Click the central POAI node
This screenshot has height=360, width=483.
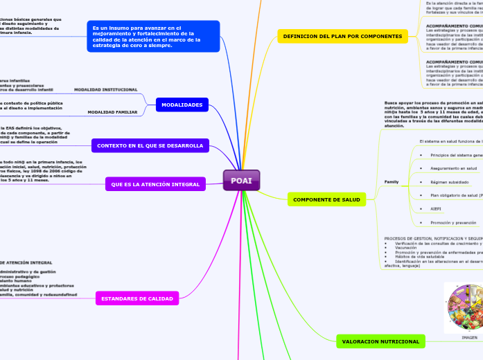[241, 180]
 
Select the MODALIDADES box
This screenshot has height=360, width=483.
[182, 105]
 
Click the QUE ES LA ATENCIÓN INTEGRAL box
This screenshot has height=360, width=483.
[155, 184]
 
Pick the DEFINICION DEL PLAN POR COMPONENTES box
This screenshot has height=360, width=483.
[343, 36]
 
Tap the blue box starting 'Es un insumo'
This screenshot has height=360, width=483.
[154, 36]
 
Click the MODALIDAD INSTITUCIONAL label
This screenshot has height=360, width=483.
[105, 90]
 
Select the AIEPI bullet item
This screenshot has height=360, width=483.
[435, 208]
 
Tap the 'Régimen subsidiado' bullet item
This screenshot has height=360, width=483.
[449, 182]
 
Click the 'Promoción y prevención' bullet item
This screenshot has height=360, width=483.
[453, 222]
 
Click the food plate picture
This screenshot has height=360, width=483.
[464, 307]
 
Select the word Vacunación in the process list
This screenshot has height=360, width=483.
[406, 247]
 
